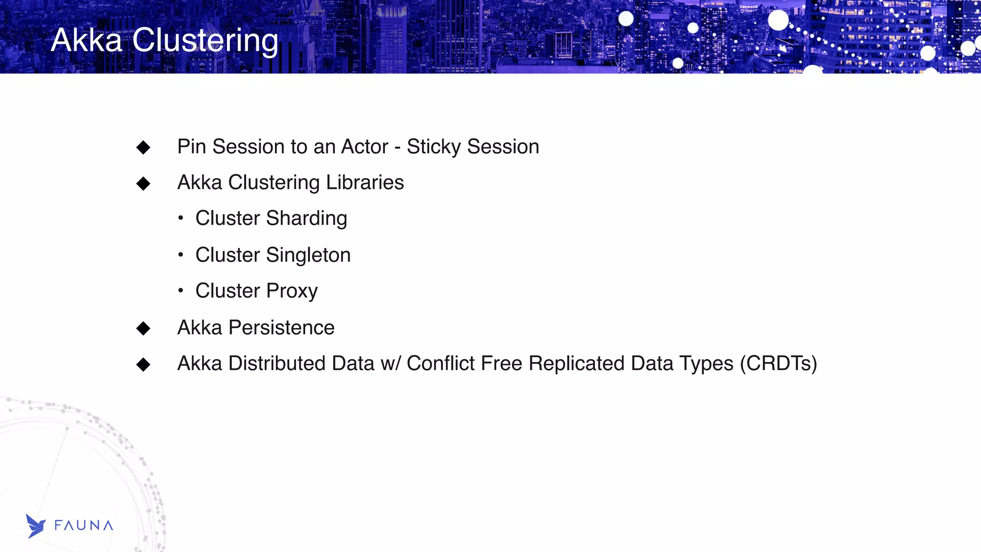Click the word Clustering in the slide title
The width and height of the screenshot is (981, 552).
205,40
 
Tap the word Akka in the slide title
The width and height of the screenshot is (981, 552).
86,40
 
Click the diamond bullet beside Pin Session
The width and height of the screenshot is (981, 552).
143,147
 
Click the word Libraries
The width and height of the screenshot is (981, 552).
365,183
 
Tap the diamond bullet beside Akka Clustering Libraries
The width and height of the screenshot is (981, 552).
143,183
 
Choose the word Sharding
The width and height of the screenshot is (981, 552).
307,219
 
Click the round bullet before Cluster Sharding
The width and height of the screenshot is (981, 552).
181,219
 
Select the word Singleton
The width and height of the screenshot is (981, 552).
308,255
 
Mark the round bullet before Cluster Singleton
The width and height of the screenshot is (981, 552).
181,255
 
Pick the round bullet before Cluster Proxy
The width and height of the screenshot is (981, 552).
181,291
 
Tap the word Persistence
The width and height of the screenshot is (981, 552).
281,328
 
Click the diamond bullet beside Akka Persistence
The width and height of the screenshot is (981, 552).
143,328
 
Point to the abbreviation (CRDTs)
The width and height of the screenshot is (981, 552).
778,364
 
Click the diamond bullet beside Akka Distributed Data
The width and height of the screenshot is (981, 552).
143,365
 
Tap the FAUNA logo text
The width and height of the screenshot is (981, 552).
84,526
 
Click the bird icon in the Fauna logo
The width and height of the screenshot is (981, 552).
35,526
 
